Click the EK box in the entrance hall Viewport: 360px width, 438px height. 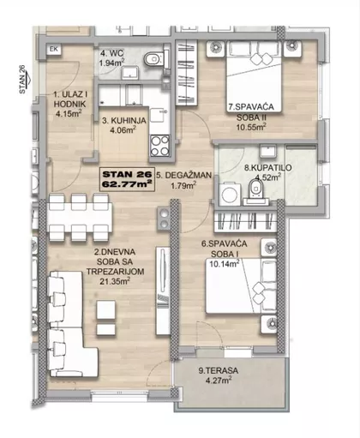coord(54,49)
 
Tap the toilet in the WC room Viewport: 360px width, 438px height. coord(155,59)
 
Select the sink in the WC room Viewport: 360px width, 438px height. coord(130,73)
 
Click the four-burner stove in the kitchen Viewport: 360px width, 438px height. coord(160,145)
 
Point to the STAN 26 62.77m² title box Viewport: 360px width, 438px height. coord(127,179)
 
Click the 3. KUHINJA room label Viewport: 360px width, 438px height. coord(124,121)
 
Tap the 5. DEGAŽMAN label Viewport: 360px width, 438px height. coord(184,175)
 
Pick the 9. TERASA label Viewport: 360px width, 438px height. coord(219,370)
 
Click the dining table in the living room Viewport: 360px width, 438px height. coord(79,217)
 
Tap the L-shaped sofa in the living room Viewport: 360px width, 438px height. coord(71,324)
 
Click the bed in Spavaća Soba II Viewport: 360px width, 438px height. coord(254,76)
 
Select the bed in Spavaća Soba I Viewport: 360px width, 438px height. coord(241,285)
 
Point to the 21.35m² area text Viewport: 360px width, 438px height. coord(115,281)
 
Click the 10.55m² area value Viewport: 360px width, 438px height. coord(251,127)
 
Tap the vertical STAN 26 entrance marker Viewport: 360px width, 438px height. coord(22,79)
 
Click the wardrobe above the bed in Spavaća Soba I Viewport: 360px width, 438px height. coord(245,221)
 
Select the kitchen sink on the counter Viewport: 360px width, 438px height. coord(158,114)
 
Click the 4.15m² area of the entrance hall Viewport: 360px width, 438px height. coord(69,114)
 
